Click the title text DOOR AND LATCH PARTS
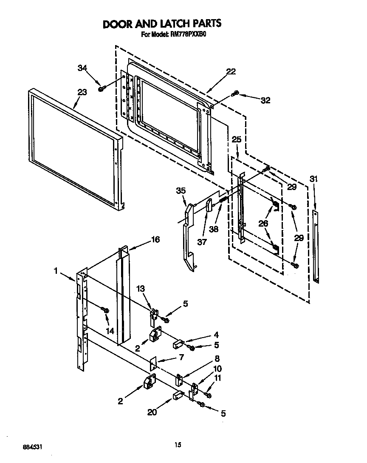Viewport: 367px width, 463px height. [162, 23]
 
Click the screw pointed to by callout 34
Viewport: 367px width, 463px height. [102, 88]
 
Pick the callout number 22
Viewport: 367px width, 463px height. [231, 71]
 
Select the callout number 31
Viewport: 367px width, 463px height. [313, 179]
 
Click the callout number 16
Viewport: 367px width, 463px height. [155, 240]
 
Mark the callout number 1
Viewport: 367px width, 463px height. [55, 270]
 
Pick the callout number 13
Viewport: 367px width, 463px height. [141, 289]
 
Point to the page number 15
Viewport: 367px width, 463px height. [178, 445]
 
